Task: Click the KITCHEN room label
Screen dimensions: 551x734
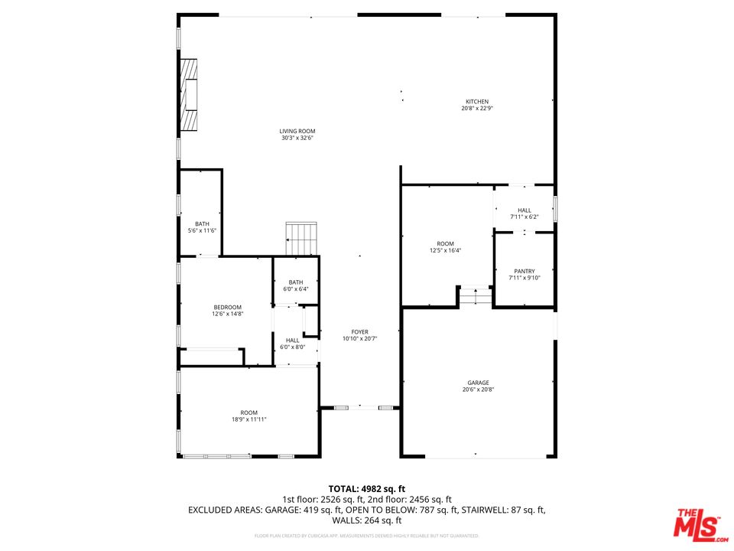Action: (x=477, y=102)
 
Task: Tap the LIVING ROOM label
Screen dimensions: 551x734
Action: (x=297, y=131)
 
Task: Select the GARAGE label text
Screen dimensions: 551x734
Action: (x=478, y=383)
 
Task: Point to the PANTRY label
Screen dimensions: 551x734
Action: (x=525, y=271)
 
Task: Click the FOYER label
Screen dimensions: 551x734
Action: (x=360, y=332)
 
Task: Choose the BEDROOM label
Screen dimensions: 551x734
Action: (x=227, y=307)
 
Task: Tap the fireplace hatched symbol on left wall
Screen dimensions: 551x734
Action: (x=188, y=95)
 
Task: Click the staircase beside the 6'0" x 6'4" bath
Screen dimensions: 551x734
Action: (x=300, y=238)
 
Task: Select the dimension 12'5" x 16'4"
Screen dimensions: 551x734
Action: (x=445, y=250)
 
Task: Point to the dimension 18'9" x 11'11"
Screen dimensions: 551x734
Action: (x=248, y=419)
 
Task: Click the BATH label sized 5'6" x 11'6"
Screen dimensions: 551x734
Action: (x=202, y=223)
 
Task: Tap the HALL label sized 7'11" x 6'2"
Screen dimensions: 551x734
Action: (x=525, y=210)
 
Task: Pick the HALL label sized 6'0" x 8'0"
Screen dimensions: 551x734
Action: (x=292, y=341)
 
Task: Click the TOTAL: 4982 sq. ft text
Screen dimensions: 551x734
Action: (x=366, y=488)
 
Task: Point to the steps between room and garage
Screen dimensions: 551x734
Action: (x=476, y=296)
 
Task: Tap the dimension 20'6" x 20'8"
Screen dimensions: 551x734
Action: (x=478, y=390)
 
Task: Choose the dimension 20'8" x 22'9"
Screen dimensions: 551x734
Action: (x=477, y=109)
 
